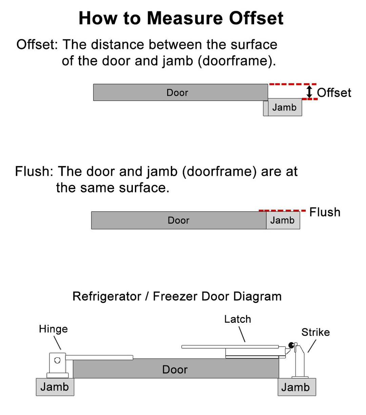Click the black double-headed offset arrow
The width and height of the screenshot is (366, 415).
coord(309,92)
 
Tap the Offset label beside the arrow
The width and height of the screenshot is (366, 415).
coord(334,93)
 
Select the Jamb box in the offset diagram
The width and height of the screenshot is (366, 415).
coord(284,107)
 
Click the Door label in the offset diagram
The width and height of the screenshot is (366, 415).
coord(177,93)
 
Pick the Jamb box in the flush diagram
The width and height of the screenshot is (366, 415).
coord(283,220)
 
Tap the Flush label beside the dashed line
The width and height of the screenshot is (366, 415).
coord(325,212)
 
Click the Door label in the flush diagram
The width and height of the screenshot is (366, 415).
coord(178,221)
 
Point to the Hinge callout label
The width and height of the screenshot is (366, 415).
coord(53,329)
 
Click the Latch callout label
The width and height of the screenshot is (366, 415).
coord(238,319)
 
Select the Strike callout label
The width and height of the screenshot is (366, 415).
coord(316,332)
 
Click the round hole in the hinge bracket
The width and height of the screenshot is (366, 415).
coord(57,360)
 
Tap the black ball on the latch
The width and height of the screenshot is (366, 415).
coord(291,345)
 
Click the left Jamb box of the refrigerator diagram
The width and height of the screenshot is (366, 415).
coord(55,387)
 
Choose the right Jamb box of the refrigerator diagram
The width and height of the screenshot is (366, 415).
coord(296,387)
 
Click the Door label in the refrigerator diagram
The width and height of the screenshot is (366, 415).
coord(175,370)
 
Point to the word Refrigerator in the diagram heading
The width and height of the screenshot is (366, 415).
coord(107,296)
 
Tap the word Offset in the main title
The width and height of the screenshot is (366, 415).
coord(256,18)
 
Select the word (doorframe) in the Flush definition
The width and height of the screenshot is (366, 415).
coord(219,171)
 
